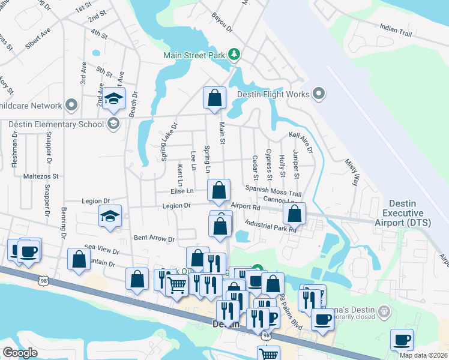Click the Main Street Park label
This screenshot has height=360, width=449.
193,56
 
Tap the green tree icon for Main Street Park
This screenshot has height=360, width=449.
234,55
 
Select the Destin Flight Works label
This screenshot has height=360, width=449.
273,94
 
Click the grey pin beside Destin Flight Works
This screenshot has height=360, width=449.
319,94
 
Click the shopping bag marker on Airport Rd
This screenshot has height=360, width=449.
295,213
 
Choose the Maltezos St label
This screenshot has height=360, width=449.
41,177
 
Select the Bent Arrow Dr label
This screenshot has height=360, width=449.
154,239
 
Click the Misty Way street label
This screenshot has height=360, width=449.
354,171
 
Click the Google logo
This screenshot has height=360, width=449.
20,353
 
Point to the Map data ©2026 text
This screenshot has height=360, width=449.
423,355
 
